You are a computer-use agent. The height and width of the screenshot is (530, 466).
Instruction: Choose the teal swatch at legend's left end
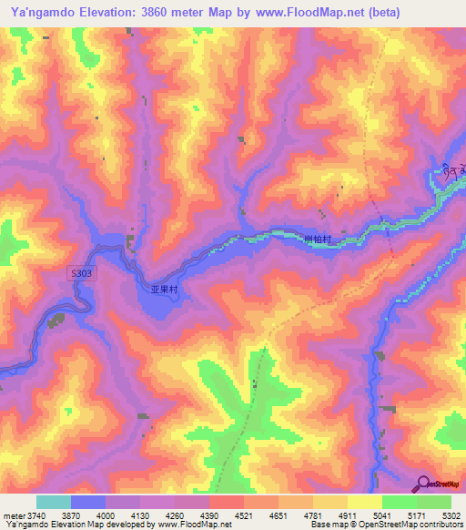click(x=54, y=502)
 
